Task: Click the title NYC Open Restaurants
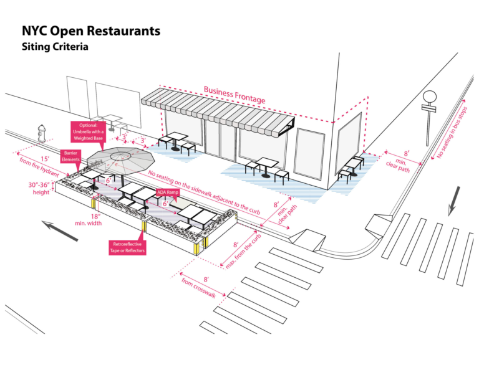click(x=91, y=31)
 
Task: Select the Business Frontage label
click(x=234, y=95)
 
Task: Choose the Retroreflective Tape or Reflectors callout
click(x=127, y=248)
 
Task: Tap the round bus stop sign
click(x=429, y=97)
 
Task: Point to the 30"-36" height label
click(x=41, y=187)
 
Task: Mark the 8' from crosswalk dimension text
click(x=198, y=287)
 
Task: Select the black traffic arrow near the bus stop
click(x=453, y=201)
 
